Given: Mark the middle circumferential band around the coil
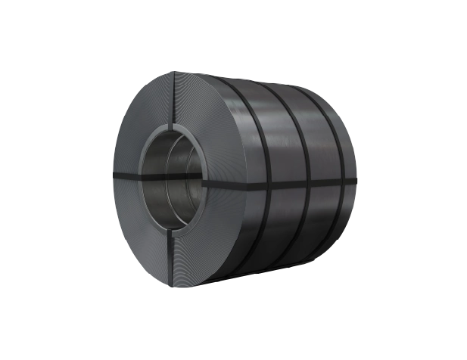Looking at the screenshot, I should tap(299, 136).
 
